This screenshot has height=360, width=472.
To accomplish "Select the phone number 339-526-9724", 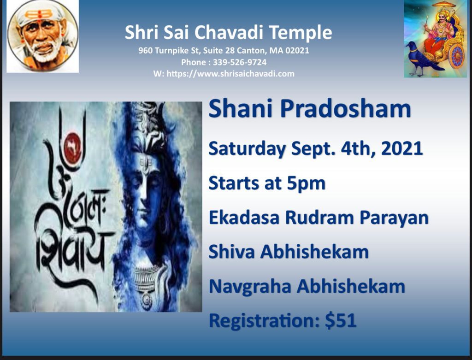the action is click(x=240, y=62).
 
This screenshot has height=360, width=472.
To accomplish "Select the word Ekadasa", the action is click(x=244, y=217).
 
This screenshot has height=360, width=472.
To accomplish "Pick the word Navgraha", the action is click(x=250, y=287).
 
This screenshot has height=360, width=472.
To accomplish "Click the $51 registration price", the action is click(x=341, y=320).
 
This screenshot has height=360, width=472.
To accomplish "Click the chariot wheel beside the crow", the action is click(x=457, y=55).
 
